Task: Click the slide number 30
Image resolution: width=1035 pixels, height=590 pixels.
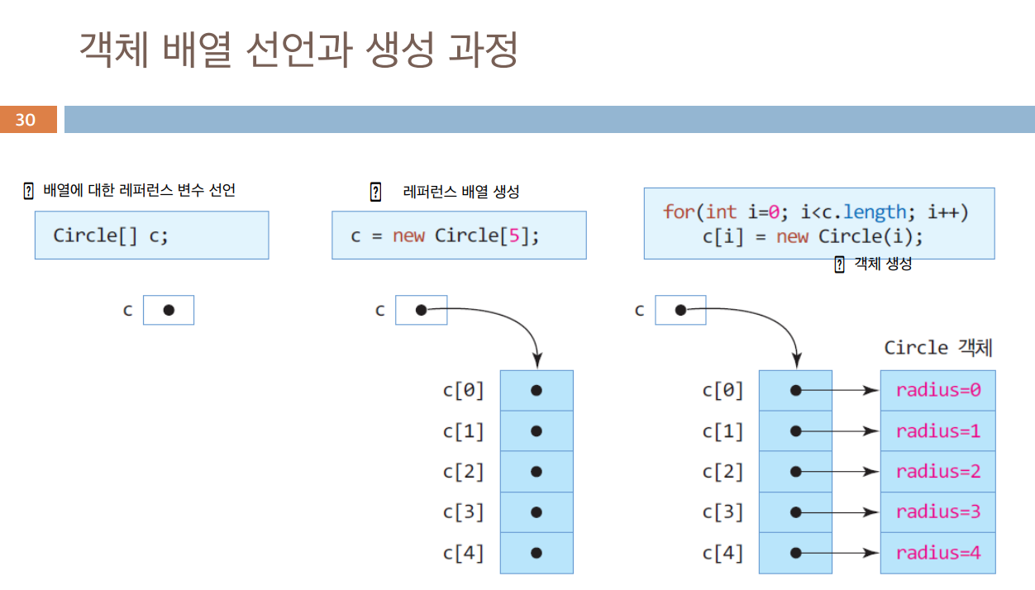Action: pyautogui.click(x=26, y=120)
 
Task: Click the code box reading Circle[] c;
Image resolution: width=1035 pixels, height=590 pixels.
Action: pyautogui.click(x=151, y=236)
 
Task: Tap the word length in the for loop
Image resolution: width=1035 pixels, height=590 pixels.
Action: pyautogui.click(x=875, y=212)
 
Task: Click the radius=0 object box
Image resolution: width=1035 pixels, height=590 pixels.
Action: pyautogui.click(x=937, y=390)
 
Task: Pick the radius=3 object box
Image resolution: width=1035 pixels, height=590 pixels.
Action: pyautogui.click(x=937, y=511)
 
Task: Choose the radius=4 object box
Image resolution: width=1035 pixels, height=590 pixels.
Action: pyautogui.click(x=937, y=553)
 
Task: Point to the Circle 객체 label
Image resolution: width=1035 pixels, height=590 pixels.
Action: pyautogui.click(x=937, y=348)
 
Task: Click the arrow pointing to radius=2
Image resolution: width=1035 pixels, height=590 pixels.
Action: pyautogui.click(x=843, y=472)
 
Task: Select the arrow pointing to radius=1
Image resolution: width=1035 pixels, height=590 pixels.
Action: pyautogui.click(x=843, y=431)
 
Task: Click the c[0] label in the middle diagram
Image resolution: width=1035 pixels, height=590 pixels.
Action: pyautogui.click(x=463, y=390)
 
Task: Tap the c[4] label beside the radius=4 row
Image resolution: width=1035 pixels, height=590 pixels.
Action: pyautogui.click(x=723, y=553)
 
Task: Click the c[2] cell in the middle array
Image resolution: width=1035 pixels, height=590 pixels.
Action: pyautogui.click(x=537, y=472)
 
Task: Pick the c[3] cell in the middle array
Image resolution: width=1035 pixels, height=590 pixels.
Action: pyautogui.click(x=537, y=512)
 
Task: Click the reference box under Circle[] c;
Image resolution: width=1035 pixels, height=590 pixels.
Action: pyautogui.click(x=169, y=310)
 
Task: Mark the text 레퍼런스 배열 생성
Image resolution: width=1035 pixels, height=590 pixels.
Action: pyautogui.click(x=460, y=192)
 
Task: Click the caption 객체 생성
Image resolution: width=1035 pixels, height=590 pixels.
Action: pyautogui.click(x=882, y=264)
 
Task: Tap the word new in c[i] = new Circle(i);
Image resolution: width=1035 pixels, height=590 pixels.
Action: pyautogui.click(x=792, y=236)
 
